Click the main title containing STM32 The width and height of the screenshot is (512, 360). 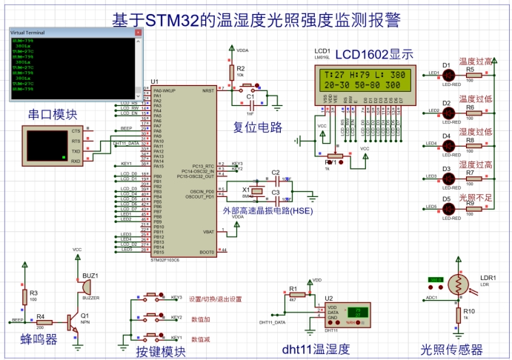click(256, 20)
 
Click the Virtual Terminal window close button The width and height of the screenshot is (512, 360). click(137, 33)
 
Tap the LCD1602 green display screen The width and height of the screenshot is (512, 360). click(364, 80)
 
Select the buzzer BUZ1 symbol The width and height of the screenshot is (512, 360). click(86, 287)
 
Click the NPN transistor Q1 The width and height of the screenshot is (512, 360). click(72, 321)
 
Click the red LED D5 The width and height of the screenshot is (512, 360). click(448, 208)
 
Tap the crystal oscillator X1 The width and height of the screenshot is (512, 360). click(256, 191)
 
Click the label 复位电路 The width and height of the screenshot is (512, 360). click(258, 127)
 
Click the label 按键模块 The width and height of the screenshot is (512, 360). click(161, 350)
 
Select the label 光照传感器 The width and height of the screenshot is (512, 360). click(452, 349)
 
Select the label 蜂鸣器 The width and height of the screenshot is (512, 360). click(39, 340)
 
